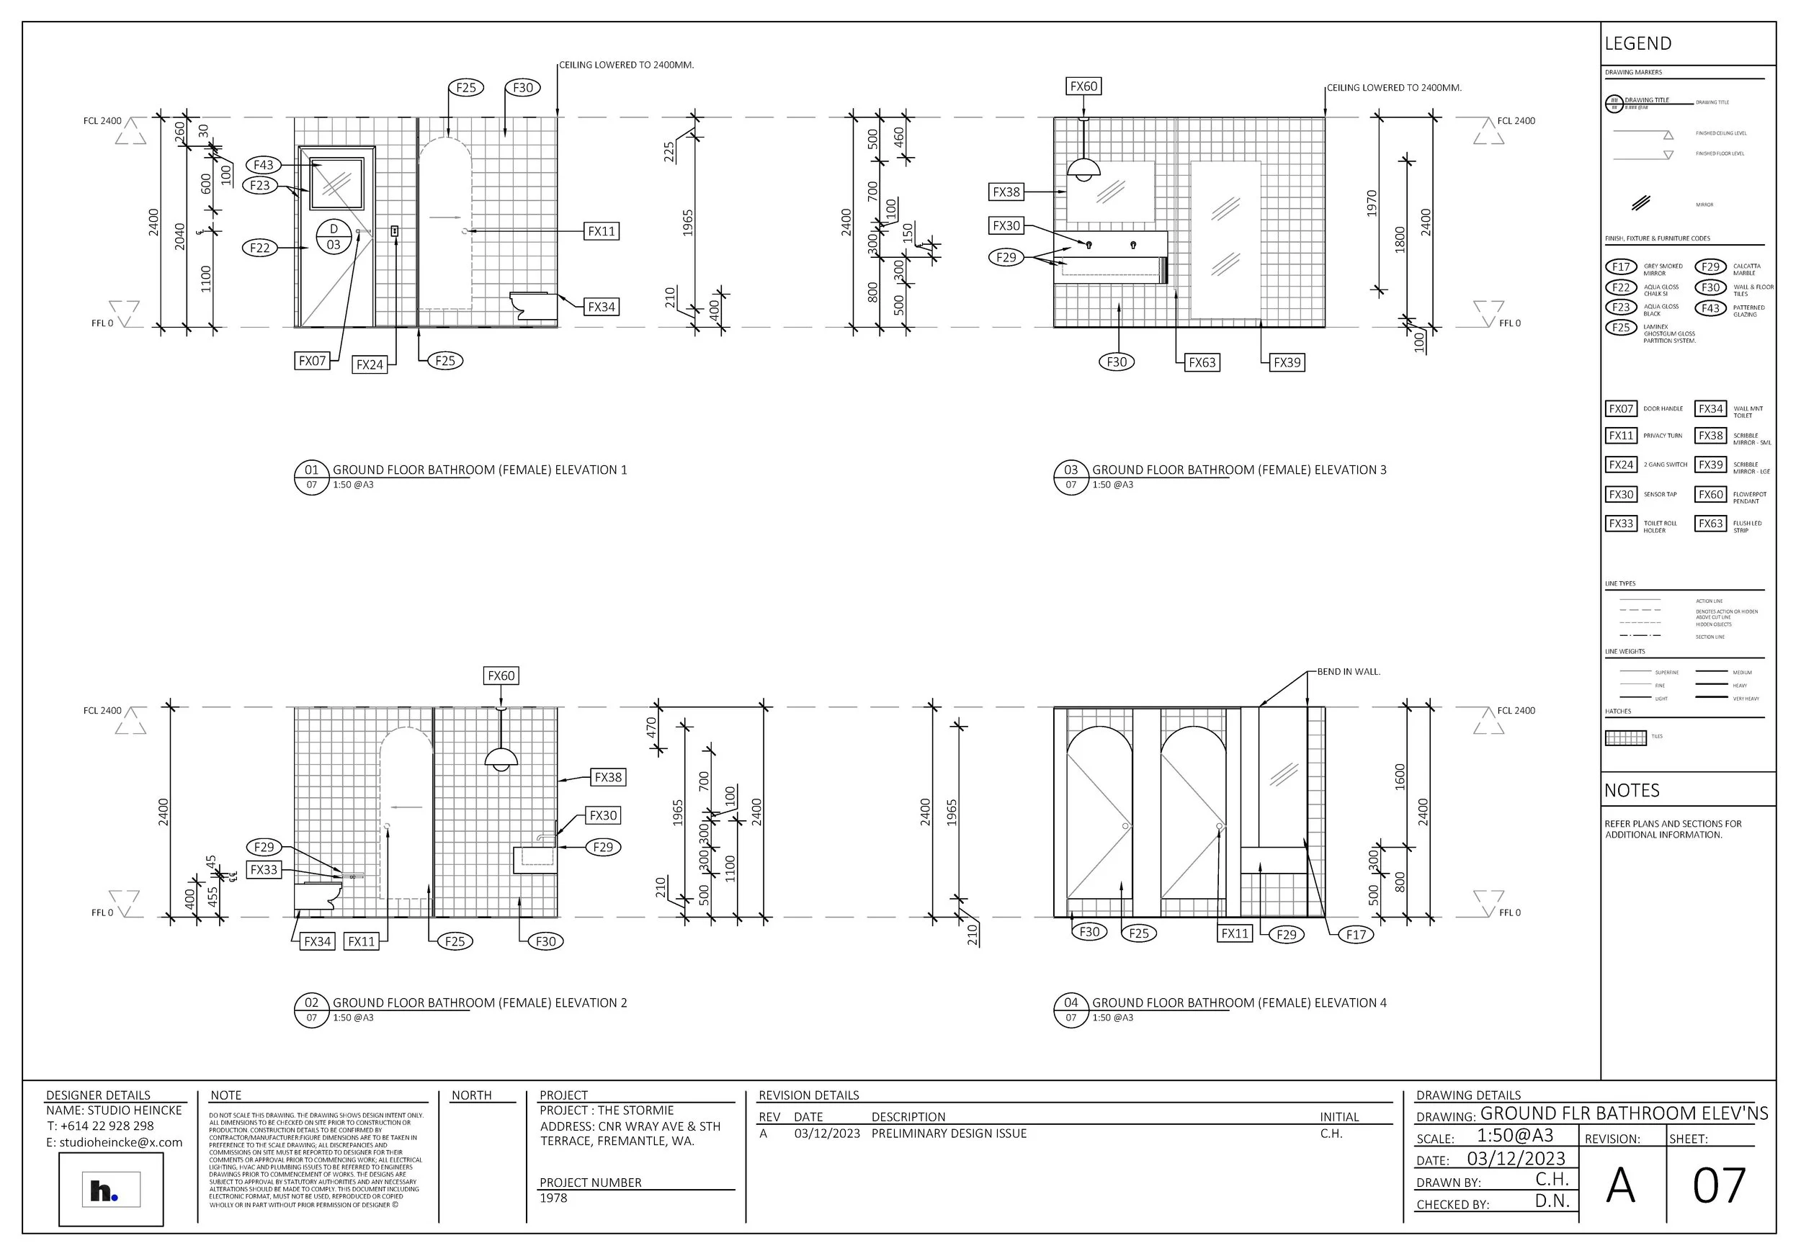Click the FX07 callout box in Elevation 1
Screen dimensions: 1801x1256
312,361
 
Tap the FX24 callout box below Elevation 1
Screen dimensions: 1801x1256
370,364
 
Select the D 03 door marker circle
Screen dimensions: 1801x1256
334,237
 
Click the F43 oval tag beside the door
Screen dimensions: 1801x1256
264,165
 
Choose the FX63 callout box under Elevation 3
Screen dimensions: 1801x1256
1202,362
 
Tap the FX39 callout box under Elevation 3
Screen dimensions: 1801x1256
1287,362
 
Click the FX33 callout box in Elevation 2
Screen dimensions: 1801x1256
264,869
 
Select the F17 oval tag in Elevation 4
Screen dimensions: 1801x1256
1356,934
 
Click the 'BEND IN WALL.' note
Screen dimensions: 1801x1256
1349,672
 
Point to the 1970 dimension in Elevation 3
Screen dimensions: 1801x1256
1372,204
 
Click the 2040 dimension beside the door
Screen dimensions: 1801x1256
180,236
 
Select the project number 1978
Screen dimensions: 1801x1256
554,1198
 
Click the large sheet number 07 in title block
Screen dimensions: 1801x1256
1719,1185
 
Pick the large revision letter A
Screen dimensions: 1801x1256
1621,1185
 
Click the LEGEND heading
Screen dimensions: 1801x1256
1638,44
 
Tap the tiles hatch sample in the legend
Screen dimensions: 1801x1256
1626,737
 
